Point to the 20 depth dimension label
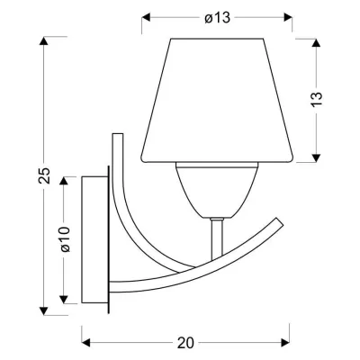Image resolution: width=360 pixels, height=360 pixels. click(x=186, y=342)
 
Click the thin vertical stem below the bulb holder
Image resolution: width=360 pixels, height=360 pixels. click(x=215, y=243)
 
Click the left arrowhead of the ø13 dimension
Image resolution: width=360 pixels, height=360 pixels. click(x=147, y=18)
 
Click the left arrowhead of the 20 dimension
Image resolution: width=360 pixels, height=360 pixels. click(x=86, y=343)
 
